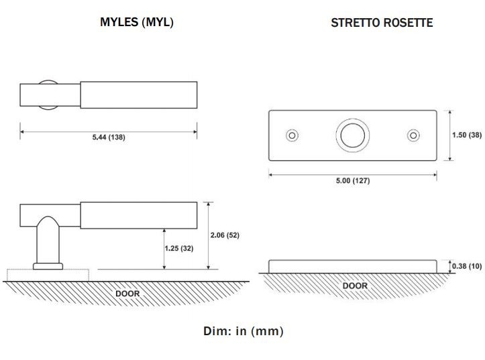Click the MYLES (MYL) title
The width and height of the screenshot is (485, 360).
pyautogui.click(x=136, y=22)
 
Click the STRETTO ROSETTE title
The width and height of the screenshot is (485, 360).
pyautogui.click(x=382, y=22)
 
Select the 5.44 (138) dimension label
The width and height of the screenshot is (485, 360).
pyautogui.click(x=108, y=137)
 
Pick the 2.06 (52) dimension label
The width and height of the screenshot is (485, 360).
pyautogui.click(x=225, y=235)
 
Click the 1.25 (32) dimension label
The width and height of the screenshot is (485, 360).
pyautogui.click(x=178, y=248)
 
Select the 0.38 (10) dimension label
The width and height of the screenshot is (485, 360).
pyautogui.click(x=467, y=266)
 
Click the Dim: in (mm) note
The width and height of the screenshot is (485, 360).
pyautogui.click(x=243, y=331)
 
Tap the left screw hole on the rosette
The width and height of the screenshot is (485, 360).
pyautogui.click(x=292, y=135)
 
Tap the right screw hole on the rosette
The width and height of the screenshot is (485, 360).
pyautogui.click(x=413, y=135)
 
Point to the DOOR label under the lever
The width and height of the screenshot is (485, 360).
pyautogui.click(x=127, y=294)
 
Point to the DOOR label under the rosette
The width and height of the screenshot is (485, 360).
pyautogui.click(x=355, y=286)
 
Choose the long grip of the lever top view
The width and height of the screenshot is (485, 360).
pyautogui.click(x=138, y=95)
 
